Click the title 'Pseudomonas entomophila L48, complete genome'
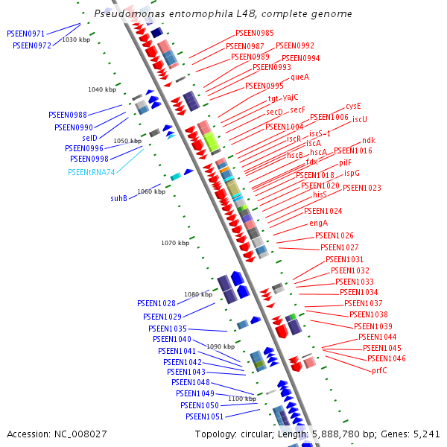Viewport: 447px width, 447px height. [x=223, y=14]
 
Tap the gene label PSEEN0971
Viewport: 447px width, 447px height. [x=26, y=34]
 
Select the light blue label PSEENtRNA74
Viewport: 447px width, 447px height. [x=92, y=172]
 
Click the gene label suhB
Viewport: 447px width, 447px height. [x=119, y=199]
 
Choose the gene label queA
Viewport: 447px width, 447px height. [x=299, y=77]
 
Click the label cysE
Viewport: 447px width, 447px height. [x=353, y=107]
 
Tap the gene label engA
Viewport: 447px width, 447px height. [x=318, y=223]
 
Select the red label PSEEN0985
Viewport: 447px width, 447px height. [x=254, y=34]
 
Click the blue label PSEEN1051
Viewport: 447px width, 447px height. [x=205, y=416]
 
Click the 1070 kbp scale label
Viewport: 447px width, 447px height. [x=176, y=243]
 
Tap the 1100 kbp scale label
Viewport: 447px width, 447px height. [x=242, y=399]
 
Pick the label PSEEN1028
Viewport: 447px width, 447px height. [x=156, y=304]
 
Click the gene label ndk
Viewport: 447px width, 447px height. [x=369, y=140]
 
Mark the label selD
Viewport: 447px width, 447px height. [x=89, y=139]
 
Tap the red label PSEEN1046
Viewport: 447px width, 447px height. [x=387, y=359]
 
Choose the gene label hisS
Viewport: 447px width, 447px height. [x=320, y=194]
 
